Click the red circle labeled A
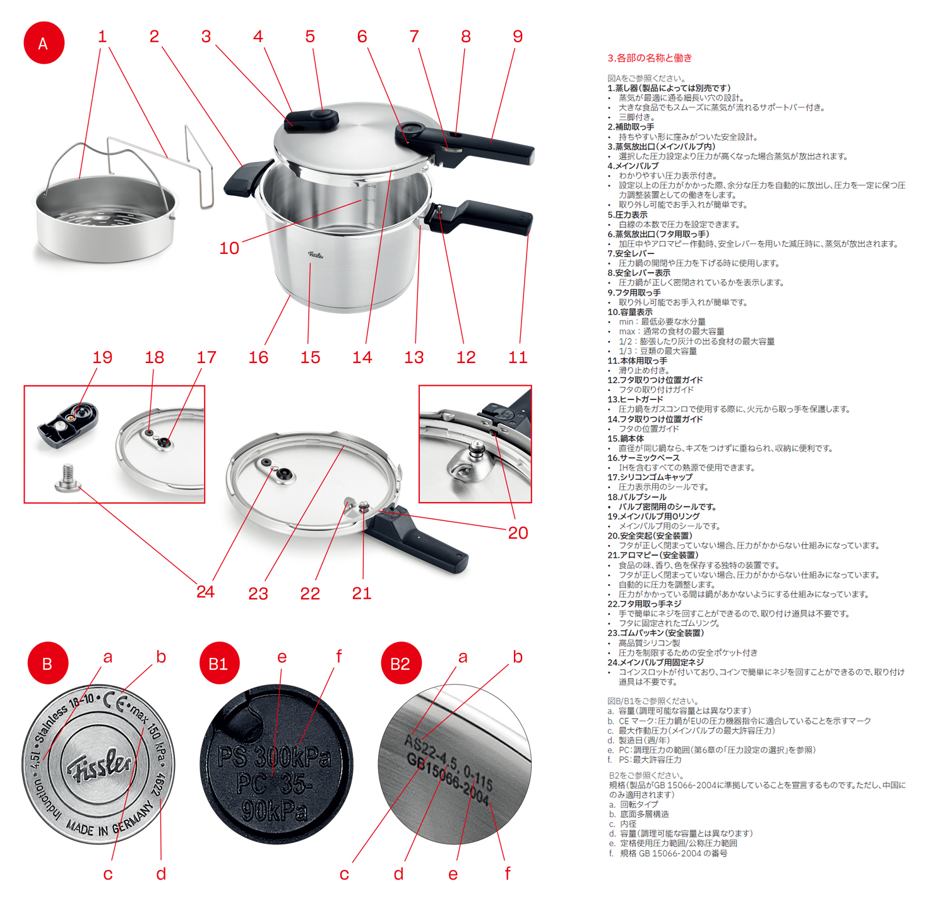(44, 43)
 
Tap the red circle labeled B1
(219, 664)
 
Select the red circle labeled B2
(402, 664)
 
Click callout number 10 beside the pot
(229, 248)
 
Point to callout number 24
(205, 592)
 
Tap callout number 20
(518, 533)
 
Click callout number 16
(258, 357)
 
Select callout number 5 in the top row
(310, 37)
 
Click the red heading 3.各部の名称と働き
(649, 58)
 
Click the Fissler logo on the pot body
(316, 254)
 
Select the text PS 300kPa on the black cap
(274, 757)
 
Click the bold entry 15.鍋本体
(626, 438)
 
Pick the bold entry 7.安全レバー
(631, 253)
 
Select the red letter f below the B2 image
(507, 873)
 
